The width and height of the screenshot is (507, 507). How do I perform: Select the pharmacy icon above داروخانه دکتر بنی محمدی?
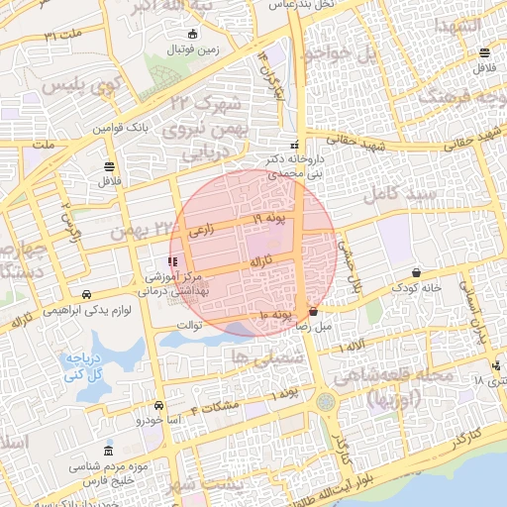pyautogui.click(x=293, y=144)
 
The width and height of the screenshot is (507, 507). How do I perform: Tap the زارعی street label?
pyautogui.click(x=201, y=231)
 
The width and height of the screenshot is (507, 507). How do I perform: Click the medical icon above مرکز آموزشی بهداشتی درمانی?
pyautogui.click(x=173, y=261)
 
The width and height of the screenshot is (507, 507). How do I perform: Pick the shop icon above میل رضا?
pyautogui.click(x=313, y=311)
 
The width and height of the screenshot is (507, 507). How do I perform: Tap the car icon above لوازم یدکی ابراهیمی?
pyautogui.click(x=88, y=294)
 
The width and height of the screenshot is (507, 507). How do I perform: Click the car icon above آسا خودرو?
pyautogui.click(x=158, y=406)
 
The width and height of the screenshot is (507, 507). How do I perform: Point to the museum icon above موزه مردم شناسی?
pyautogui.click(x=107, y=452)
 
